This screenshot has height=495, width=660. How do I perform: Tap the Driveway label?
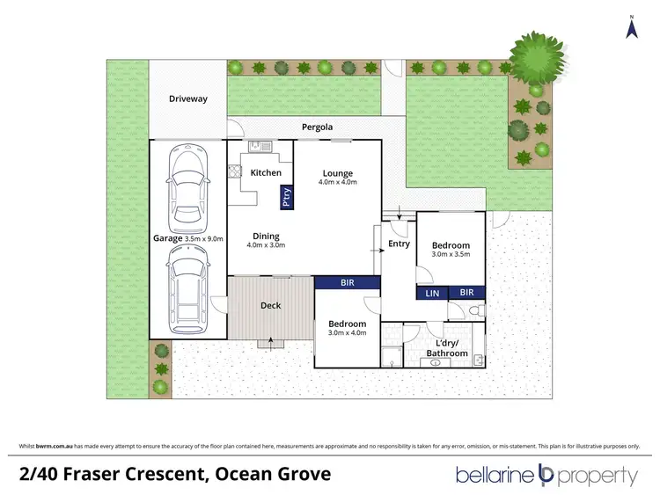tap(187, 98)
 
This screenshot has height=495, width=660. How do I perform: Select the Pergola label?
tap(318, 127)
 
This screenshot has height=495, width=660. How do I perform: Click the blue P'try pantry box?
tap(286, 198)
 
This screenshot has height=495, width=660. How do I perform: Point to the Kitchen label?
tap(266, 172)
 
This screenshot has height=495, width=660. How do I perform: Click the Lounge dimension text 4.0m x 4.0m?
tap(337, 183)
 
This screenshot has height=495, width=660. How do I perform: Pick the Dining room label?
tap(266, 236)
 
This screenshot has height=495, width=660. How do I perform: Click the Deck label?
tap(270, 306)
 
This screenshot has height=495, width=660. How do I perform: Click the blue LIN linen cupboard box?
tap(432, 293)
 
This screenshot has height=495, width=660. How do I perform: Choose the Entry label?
tap(399, 244)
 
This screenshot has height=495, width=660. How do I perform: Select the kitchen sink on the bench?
tap(256, 147)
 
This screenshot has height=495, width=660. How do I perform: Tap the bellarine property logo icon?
tap(545, 476)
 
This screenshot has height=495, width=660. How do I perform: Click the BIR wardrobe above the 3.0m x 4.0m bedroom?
tap(348, 283)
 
